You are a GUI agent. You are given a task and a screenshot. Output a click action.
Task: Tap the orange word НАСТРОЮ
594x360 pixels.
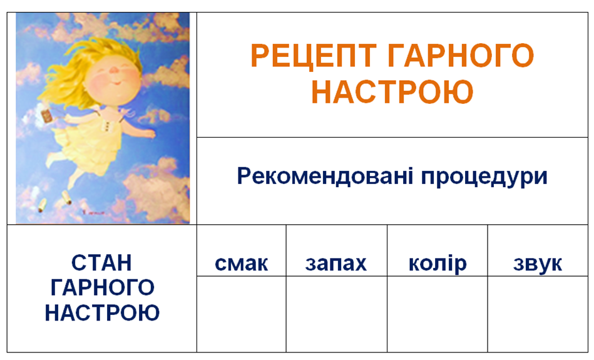tap(392, 91)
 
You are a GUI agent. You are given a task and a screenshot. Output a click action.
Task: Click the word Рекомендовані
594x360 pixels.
tap(325, 176)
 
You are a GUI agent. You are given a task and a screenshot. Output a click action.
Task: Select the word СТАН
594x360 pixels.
tap(101, 262)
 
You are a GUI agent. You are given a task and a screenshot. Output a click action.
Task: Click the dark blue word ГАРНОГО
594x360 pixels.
tap(102, 287)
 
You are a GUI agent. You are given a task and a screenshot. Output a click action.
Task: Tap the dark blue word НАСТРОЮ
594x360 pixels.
tap(102, 312)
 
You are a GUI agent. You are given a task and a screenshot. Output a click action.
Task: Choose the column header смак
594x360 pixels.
tap(242, 264)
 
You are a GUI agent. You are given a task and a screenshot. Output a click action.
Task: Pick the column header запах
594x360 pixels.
tap(336, 264)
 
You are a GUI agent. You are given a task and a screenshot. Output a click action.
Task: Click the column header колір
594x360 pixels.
tap(438, 263)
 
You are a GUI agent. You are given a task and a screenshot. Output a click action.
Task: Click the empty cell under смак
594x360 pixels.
tap(242, 314)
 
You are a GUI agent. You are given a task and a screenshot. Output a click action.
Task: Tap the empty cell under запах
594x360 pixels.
tap(336, 314)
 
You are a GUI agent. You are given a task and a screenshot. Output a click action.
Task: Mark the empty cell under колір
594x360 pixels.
tap(437, 314)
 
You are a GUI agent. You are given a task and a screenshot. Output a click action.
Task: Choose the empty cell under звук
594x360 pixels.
tap(538, 314)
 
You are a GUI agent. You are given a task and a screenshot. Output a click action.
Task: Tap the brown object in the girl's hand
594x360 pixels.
tap(48, 115)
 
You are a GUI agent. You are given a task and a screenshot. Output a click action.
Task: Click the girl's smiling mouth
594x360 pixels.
tap(117, 83)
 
